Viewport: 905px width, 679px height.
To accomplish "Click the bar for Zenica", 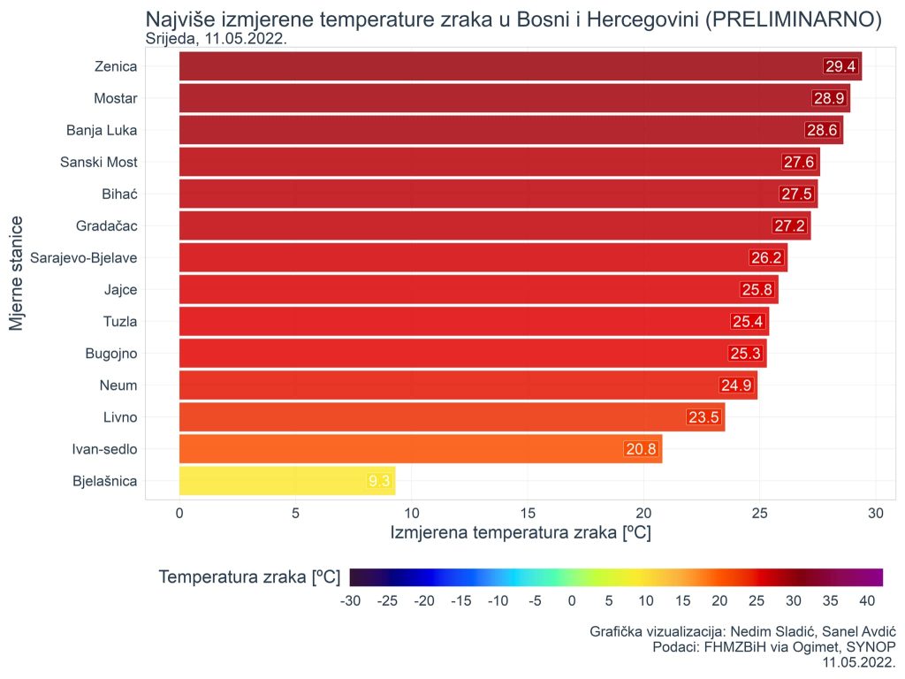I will point(495,66).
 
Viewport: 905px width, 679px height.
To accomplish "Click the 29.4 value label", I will point(840,66).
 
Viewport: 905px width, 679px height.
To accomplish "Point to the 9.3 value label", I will point(379,481).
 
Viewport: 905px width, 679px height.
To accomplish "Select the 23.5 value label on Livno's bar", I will point(703,417).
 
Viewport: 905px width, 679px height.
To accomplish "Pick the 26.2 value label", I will point(765,258).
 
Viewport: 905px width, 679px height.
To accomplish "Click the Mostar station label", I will point(115,98).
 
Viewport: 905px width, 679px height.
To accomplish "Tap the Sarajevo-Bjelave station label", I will point(84,258).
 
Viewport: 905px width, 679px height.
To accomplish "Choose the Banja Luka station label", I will point(102,130).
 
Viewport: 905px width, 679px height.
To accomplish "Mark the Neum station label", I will point(118,385).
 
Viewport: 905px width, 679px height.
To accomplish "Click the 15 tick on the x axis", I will point(528,513).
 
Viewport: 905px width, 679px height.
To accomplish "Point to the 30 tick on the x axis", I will point(876,513).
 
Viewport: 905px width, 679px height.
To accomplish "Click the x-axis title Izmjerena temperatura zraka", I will point(521,533).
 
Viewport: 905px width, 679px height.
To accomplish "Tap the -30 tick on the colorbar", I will point(351,601).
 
